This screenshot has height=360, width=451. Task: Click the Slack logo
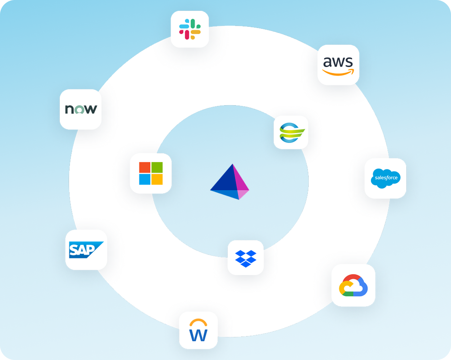click(190, 29)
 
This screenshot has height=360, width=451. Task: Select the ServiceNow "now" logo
click(81, 109)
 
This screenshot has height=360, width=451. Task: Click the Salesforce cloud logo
click(385, 178)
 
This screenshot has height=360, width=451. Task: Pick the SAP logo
click(86, 250)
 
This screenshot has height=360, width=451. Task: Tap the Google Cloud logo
click(353, 285)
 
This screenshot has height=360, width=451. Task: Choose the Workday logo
click(198, 330)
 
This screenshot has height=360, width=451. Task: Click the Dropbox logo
click(246, 259)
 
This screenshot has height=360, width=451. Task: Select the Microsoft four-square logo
click(151, 173)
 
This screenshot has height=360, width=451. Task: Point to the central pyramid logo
click(230, 182)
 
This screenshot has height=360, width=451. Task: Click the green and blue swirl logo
click(292, 133)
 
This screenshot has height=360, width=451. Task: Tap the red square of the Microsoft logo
click(145, 167)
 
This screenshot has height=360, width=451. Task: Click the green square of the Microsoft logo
click(157, 167)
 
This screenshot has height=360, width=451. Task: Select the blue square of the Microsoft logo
click(145, 179)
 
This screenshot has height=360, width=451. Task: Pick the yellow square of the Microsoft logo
click(157, 179)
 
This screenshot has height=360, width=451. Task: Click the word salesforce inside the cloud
click(386, 178)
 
